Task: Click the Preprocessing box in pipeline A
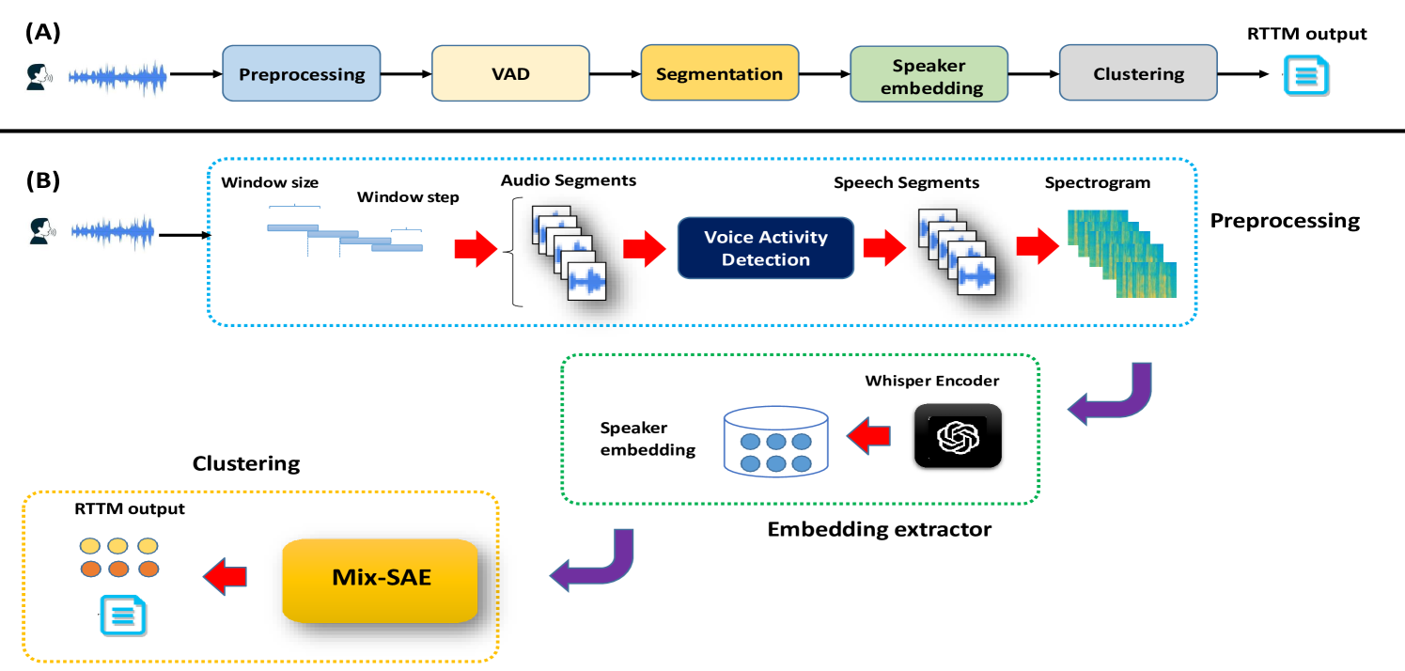click(x=302, y=74)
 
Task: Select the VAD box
click(x=510, y=74)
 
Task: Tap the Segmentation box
click(x=719, y=74)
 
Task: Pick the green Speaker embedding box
click(x=929, y=74)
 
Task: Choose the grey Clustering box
click(x=1138, y=74)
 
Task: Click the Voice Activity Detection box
click(x=766, y=249)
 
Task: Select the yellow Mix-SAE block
click(x=381, y=579)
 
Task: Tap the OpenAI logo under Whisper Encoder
click(x=958, y=435)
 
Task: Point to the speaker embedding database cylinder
click(x=775, y=439)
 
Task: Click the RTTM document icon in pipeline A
click(x=1305, y=75)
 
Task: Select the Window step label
click(x=408, y=198)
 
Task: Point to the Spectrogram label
click(x=1098, y=182)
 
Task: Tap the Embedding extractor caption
click(x=879, y=530)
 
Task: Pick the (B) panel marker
click(x=42, y=180)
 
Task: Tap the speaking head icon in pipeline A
click(x=39, y=76)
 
